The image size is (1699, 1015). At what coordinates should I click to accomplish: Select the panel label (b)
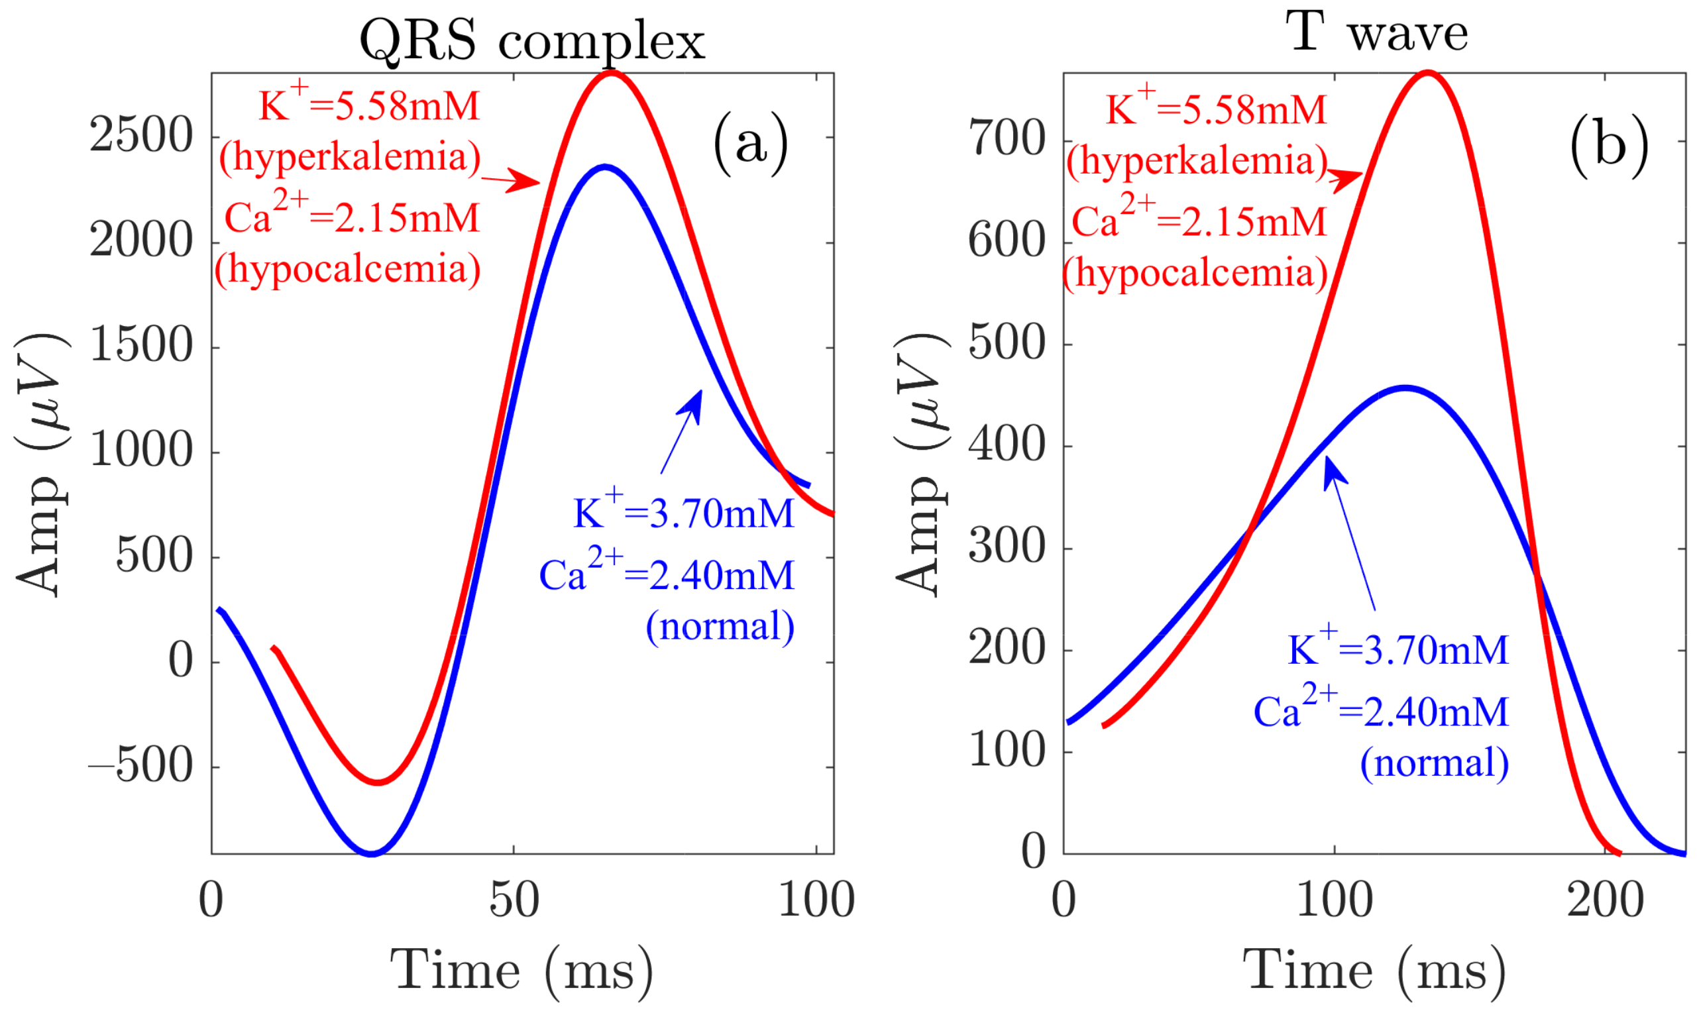1608,146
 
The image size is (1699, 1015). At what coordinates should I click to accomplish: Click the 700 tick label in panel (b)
1007,140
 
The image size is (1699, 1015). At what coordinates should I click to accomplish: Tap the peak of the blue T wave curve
1404,388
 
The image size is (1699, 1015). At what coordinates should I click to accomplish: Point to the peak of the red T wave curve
1427,72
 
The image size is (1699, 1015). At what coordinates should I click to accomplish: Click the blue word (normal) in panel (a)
720,626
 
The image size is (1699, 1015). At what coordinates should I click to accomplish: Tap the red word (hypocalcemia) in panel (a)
347,269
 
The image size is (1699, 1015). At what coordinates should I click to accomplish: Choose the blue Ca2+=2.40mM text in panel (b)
1381,711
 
